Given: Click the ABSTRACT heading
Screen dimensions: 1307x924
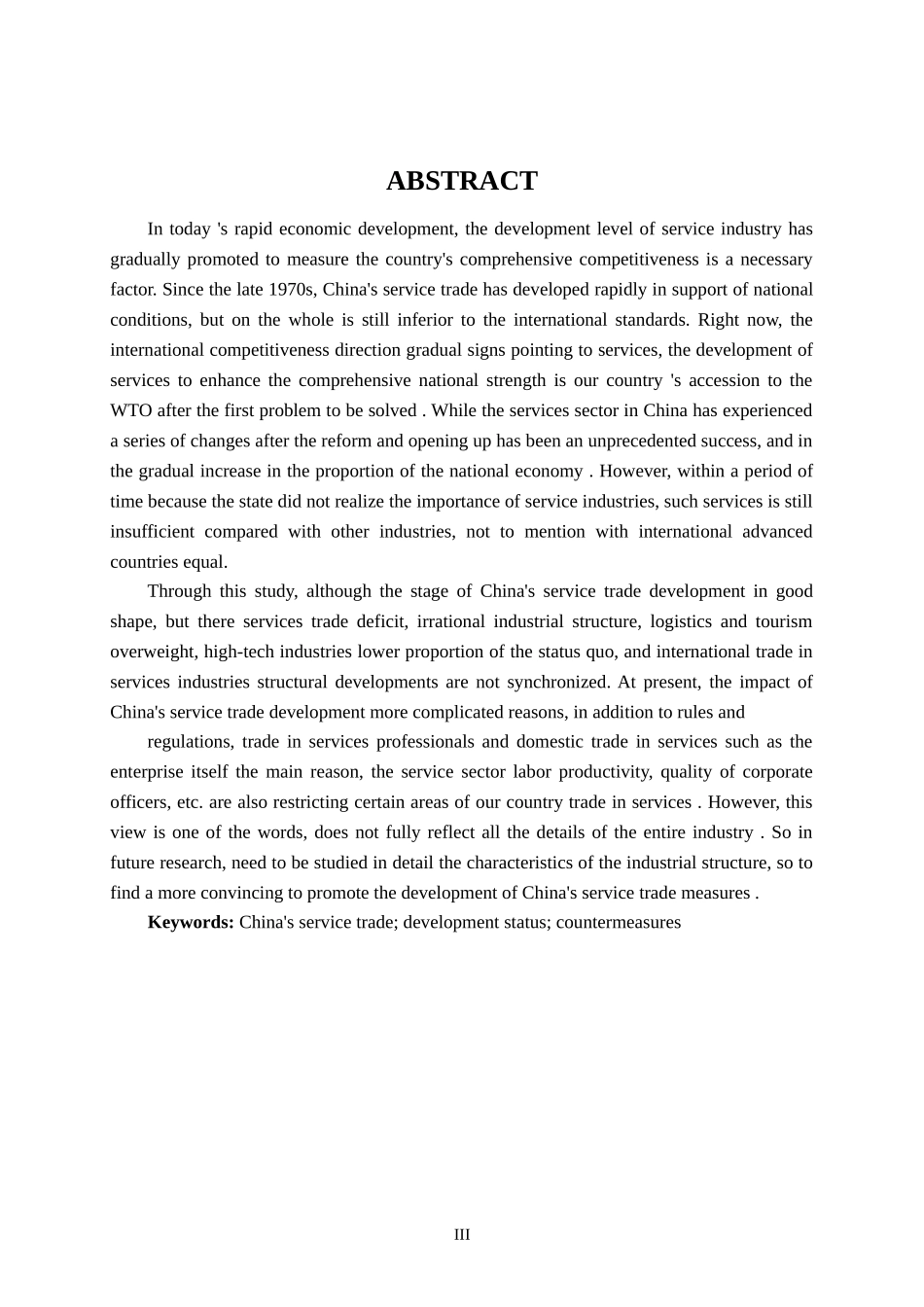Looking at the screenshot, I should [x=461, y=181].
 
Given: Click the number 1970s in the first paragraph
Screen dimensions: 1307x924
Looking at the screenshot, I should [x=291, y=290].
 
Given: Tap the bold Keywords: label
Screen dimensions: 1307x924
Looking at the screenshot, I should [x=191, y=923].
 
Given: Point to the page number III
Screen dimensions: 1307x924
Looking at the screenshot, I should [x=461, y=1235].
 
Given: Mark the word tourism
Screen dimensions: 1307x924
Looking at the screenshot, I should [x=785, y=621].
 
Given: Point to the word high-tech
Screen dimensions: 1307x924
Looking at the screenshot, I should [x=238, y=652].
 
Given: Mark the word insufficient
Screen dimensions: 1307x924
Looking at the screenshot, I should [x=152, y=532].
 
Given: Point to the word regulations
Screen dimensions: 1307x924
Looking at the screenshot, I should [x=190, y=742].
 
